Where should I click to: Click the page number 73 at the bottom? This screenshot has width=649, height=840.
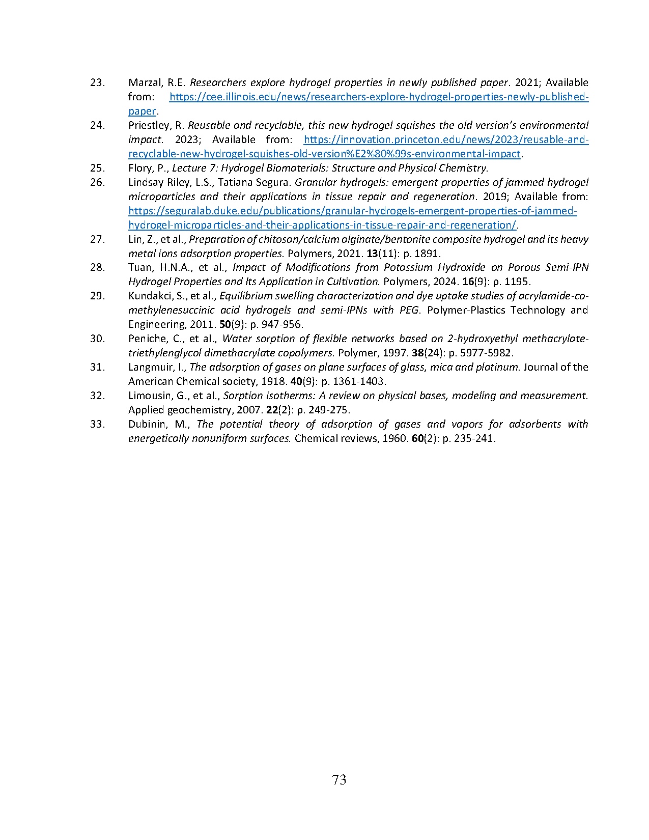[339, 779]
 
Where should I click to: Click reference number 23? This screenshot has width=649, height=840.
[97, 82]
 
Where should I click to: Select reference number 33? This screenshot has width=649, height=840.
[97, 424]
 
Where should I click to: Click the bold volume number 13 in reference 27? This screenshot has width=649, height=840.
[372, 254]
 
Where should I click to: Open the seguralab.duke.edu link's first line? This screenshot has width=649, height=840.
[352, 211]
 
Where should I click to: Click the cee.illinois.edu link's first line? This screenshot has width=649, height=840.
[379, 97]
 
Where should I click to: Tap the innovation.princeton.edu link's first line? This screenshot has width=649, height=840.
[446, 139]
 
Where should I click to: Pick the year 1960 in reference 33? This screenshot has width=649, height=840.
[396, 438]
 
